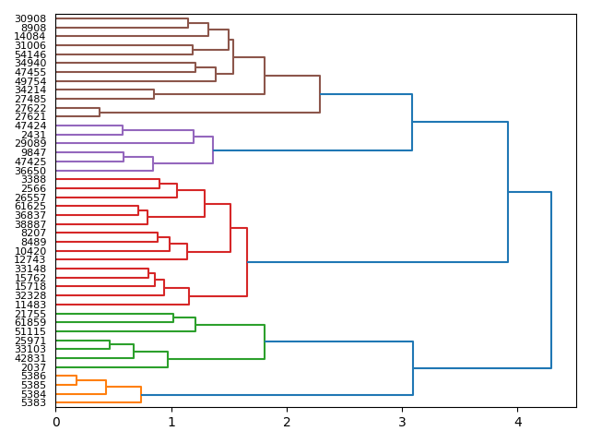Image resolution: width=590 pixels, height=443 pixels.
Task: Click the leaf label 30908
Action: point(30,18)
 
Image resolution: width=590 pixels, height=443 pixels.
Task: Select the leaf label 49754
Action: point(30,81)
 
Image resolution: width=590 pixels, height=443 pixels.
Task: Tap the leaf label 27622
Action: point(30,108)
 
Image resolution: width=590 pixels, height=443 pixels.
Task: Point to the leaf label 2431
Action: point(33,135)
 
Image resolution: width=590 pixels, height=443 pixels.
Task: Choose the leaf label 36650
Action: point(30,171)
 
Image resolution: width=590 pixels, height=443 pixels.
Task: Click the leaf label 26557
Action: point(30,198)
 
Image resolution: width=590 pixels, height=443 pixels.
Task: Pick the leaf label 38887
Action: point(30,224)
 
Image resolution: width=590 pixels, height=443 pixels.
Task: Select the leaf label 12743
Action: point(30,259)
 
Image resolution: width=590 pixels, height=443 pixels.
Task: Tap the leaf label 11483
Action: point(30,305)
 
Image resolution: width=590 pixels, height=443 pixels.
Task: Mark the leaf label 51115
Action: point(30,331)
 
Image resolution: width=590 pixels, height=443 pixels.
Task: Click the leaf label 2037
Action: point(33,367)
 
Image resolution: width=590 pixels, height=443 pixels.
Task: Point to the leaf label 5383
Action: point(33,403)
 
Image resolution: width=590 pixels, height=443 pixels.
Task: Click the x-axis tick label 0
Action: point(55,423)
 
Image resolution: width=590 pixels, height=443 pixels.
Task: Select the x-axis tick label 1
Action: point(171,423)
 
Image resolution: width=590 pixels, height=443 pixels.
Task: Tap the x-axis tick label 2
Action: point(287,423)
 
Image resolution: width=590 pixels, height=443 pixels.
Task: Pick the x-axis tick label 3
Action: point(402,423)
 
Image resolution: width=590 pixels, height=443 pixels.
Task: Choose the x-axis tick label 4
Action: point(517,423)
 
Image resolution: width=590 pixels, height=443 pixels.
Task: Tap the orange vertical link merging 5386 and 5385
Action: point(77,380)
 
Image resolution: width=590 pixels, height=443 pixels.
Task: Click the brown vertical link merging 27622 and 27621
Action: point(100,113)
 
